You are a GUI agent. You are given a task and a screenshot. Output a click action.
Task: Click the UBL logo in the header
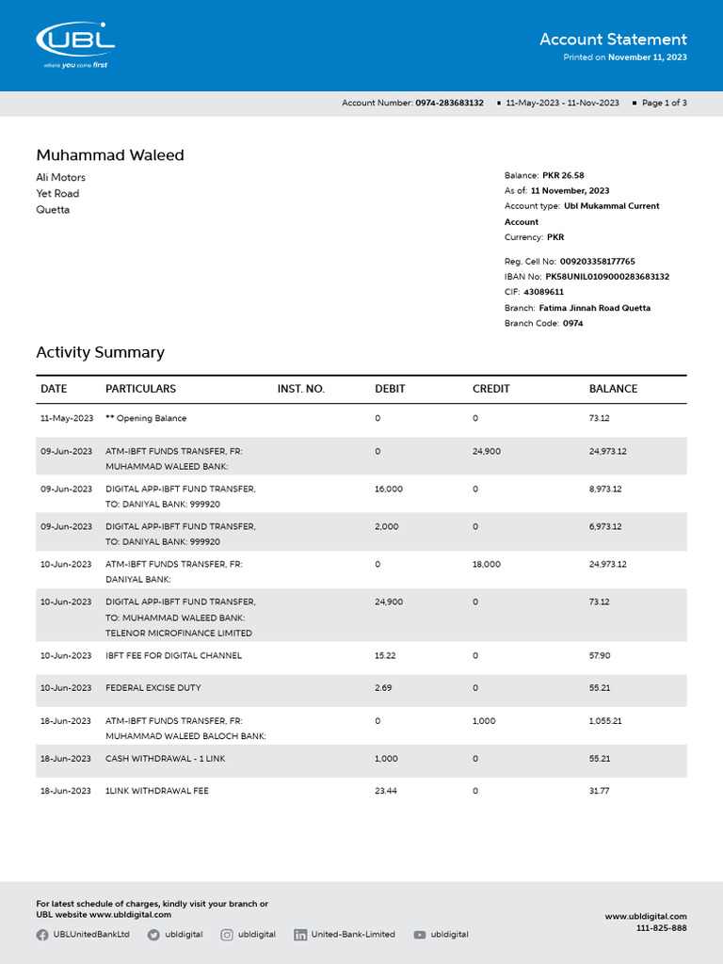[75, 42]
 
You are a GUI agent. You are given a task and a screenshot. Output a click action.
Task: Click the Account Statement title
[613, 40]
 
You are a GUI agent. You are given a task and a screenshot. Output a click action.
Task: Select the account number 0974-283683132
[449, 103]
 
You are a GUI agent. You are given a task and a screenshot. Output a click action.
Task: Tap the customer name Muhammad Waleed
[110, 155]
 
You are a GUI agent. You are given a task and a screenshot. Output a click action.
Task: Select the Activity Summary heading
[100, 352]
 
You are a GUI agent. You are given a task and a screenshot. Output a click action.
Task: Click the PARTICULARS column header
[140, 389]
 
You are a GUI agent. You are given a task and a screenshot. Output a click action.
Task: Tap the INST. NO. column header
[300, 389]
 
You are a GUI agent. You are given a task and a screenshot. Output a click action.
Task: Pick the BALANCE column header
[613, 389]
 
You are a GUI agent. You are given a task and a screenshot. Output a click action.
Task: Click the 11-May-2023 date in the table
[66, 418]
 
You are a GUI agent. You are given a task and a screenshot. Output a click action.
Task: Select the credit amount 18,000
[486, 564]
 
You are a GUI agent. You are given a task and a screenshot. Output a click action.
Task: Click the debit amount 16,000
[388, 489]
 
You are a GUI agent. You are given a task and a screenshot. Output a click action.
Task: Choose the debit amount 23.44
[385, 791]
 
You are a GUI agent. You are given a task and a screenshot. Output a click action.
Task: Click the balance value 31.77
[599, 791]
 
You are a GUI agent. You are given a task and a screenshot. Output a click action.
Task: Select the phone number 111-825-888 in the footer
[661, 928]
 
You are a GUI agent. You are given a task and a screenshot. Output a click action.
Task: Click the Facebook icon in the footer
[42, 935]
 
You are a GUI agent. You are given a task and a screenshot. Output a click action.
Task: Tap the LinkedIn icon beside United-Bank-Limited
[300, 935]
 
